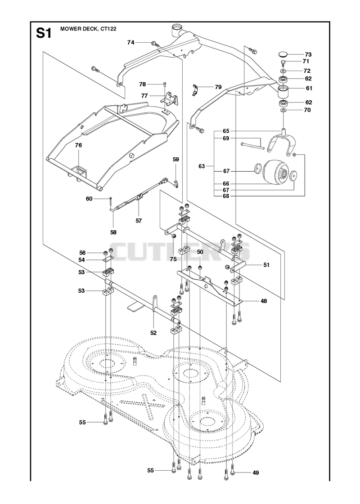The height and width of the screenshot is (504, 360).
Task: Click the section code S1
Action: click(x=44, y=33)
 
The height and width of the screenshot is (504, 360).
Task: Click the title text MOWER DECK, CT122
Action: click(x=88, y=29)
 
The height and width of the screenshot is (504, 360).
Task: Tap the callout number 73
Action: click(x=308, y=54)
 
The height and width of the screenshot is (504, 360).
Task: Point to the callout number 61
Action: click(x=309, y=88)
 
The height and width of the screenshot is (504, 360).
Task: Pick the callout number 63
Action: click(x=202, y=166)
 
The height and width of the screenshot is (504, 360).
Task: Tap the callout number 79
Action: click(x=218, y=87)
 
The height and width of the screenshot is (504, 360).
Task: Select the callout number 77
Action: click(x=144, y=95)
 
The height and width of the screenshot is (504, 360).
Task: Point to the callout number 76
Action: click(x=78, y=145)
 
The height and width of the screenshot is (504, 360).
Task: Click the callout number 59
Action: click(x=175, y=159)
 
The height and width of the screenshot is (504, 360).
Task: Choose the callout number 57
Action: click(x=139, y=220)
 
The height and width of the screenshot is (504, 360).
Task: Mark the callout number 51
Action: click(x=266, y=265)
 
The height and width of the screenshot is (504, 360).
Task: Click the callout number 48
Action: click(x=264, y=301)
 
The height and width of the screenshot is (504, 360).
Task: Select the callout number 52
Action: click(x=153, y=333)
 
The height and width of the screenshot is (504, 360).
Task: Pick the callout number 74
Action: click(x=130, y=42)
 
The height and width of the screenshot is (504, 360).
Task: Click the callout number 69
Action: click(x=226, y=138)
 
